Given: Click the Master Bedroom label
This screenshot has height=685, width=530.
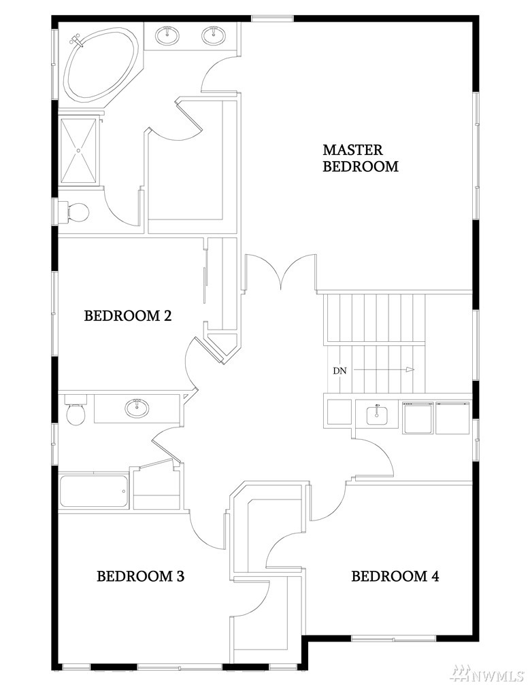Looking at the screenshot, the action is point(361,158).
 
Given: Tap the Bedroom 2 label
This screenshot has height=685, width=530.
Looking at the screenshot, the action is point(127,315).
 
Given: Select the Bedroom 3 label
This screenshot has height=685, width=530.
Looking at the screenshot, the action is point(140,576).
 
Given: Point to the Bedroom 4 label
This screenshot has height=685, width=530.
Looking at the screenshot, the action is point(395,576).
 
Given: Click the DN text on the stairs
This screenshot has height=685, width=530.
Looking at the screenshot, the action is point(339,371).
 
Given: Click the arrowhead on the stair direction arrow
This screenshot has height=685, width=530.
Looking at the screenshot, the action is point(410,370).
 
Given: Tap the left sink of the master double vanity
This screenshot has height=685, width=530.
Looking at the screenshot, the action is point(167,35).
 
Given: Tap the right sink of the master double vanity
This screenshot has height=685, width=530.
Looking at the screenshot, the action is point(214,35).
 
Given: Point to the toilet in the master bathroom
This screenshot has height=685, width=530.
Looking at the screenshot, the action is point(73,212).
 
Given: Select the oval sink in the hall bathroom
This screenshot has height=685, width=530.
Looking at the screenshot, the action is point(137,408).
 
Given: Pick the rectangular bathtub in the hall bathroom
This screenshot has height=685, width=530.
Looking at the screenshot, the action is point(94,491).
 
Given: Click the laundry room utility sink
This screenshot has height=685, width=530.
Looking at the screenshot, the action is point(376,413).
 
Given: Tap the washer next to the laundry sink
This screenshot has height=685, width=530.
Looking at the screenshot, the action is point(418,418).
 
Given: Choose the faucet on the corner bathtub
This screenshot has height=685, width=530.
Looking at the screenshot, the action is point(76,40).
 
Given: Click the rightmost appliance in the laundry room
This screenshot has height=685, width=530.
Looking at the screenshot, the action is point(452,418).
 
